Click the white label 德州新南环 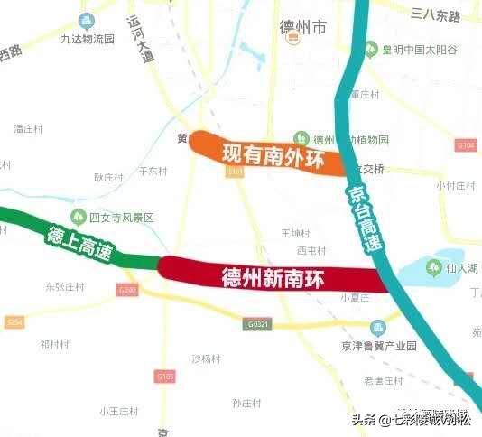(272, 274)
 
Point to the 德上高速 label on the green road (79, 244)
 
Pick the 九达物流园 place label (88, 39)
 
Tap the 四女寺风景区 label (122, 218)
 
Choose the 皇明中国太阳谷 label (419, 50)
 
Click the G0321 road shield (258, 323)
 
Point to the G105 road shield (165, 375)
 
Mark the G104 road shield (466, 145)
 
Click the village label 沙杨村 (206, 358)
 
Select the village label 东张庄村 (64, 286)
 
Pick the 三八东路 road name (435, 15)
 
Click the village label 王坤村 (295, 232)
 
